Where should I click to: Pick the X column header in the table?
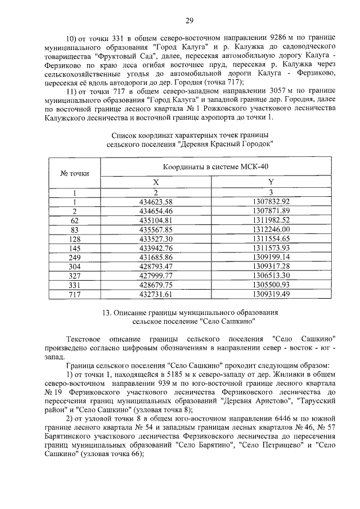pyautogui.click(x=156, y=182)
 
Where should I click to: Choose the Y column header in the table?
pyautogui.click(x=271, y=182)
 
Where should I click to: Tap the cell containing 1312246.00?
pyautogui.click(x=271, y=229)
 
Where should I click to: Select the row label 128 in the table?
pyautogui.click(x=74, y=238)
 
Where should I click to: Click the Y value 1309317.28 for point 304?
pyautogui.click(x=271, y=265)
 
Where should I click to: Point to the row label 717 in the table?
pyautogui.click(x=74, y=293)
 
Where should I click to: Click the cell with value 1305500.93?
pyautogui.click(x=271, y=284)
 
